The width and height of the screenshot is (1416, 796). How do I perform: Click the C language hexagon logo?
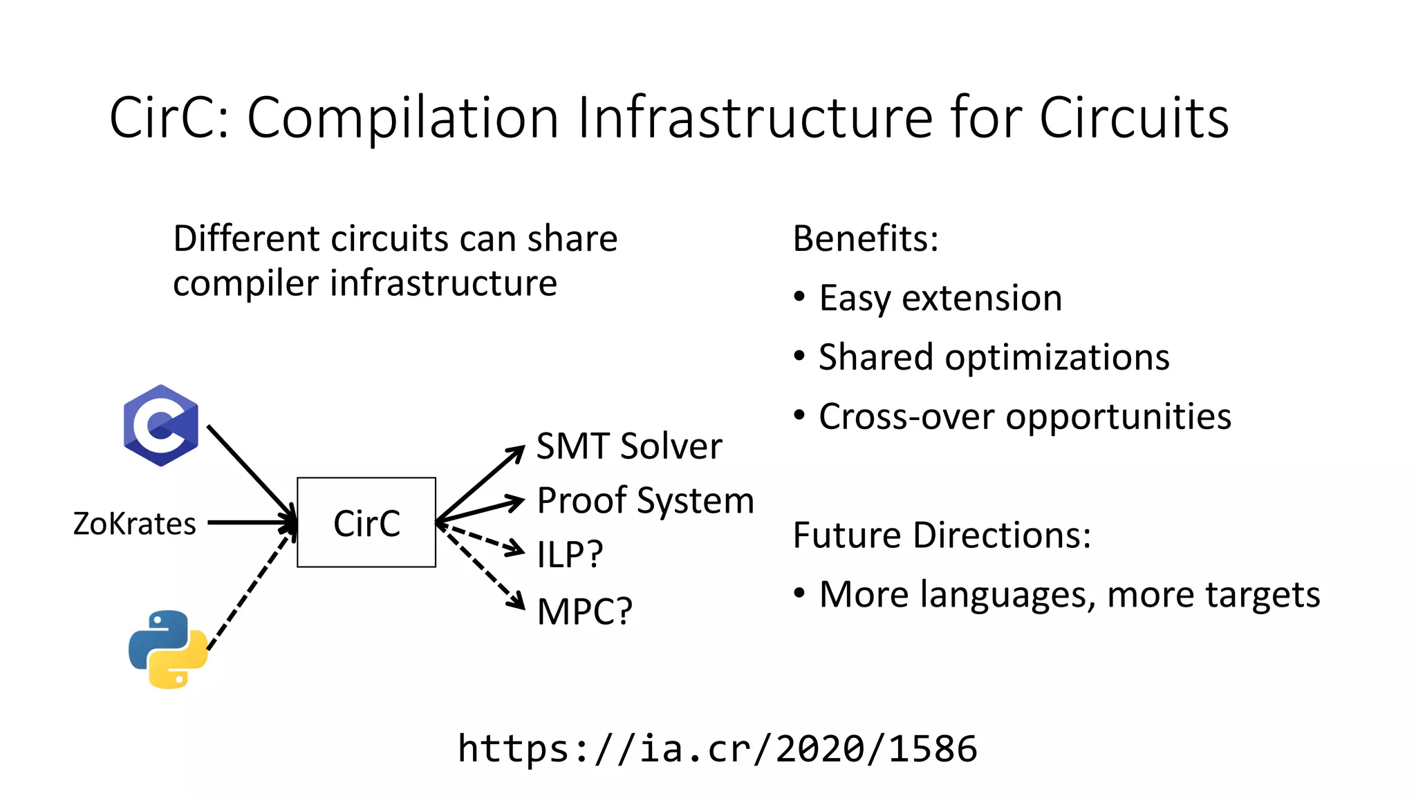[161, 426]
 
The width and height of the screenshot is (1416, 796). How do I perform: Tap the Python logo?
[168, 649]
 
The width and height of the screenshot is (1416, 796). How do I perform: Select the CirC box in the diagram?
[366, 522]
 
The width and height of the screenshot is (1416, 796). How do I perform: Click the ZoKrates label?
[135, 524]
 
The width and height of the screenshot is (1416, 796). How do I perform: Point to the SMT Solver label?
[629, 446]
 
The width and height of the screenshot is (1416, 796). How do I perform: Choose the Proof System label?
[645, 500]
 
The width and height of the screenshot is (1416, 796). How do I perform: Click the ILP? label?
[570, 554]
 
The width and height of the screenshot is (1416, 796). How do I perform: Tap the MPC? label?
[584, 612]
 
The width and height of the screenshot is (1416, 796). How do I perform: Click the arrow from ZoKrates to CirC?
[249, 523]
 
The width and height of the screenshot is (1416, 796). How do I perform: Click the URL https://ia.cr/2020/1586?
[718, 749]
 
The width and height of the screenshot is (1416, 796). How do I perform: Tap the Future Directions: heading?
[942, 536]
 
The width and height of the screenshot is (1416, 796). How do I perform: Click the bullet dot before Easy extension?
[800, 297]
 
